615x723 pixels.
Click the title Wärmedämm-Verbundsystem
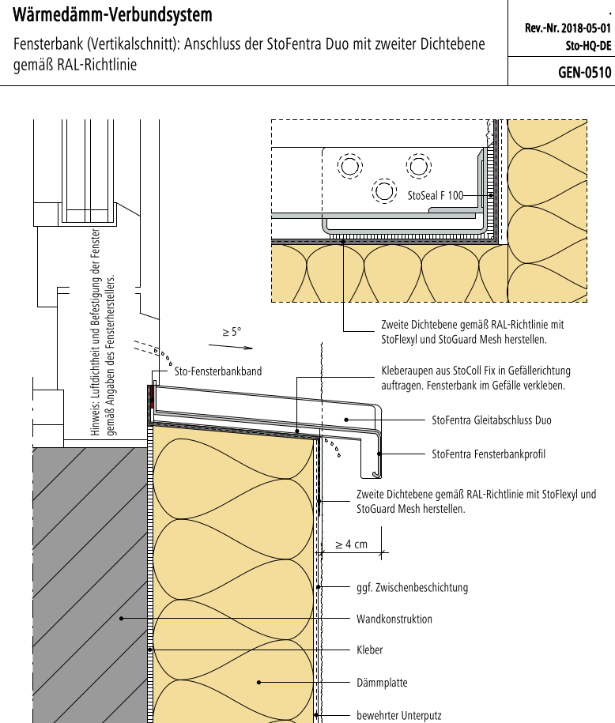113,15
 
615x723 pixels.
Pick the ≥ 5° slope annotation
232,333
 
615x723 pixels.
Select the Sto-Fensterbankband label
217,371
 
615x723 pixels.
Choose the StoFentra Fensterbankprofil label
489,454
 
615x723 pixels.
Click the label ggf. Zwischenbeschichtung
413,587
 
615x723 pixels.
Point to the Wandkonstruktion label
394,619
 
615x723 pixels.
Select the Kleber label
370,650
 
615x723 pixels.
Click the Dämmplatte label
383,682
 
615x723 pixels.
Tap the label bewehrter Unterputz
399,715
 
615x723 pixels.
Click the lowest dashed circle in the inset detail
384,191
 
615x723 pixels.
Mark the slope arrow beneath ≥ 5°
237,346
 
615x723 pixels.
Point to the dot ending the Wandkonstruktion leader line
121,619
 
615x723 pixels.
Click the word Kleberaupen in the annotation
408,370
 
